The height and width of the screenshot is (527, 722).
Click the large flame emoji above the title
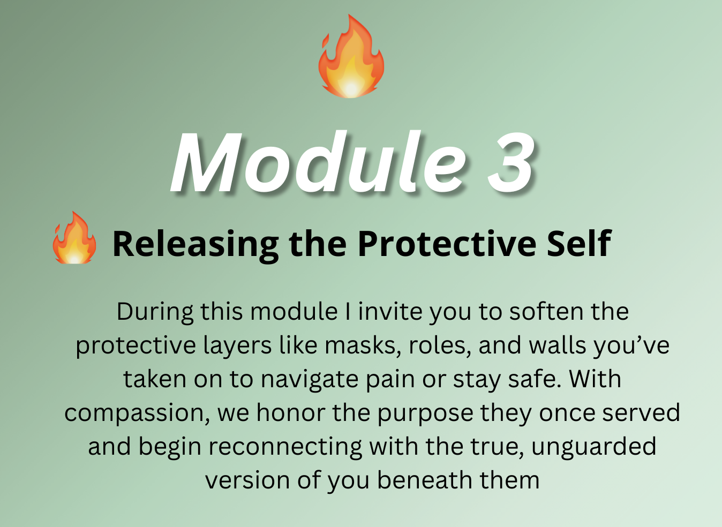click(351, 56)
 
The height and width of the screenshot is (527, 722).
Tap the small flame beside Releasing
click(74, 238)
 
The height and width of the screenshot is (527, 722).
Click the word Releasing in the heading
click(195, 245)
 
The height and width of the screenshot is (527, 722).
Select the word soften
click(546, 312)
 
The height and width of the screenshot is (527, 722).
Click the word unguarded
click(593, 447)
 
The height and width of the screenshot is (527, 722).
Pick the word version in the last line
click(247, 481)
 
